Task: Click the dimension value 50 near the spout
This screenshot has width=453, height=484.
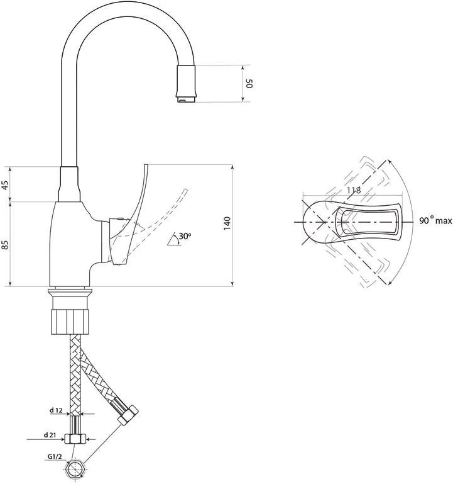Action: point(249,83)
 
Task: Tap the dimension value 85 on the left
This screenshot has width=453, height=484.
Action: point(5,244)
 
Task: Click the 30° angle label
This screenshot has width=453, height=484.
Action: point(185,236)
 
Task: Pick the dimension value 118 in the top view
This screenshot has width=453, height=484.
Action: point(352,189)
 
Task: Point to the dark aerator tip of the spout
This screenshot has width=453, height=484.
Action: point(187,83)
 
